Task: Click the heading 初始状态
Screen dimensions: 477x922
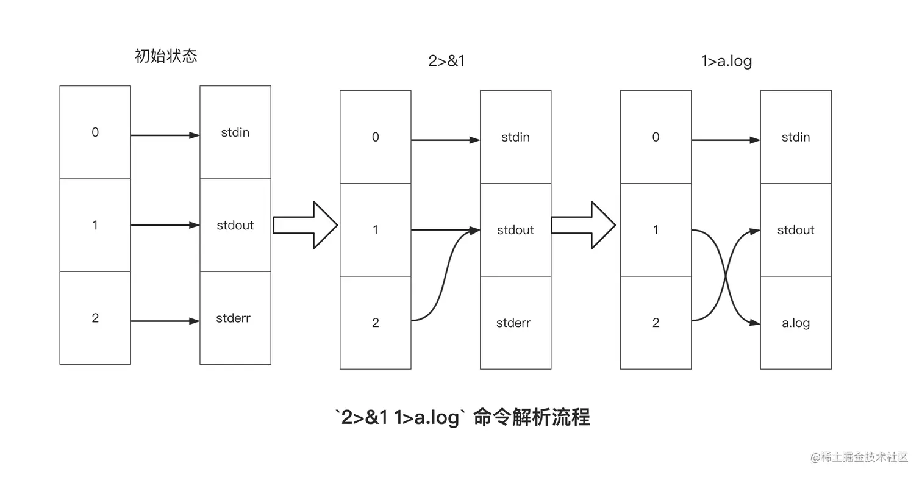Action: pos(166,57)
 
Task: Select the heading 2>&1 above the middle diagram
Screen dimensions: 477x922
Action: pos(446,61)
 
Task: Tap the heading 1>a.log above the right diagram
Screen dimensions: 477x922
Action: pos(726,61)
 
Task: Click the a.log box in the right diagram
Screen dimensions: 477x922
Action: pos(796,323)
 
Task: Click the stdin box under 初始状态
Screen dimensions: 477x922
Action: pos(235,132)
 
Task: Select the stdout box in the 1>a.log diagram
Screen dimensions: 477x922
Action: pos(796,230)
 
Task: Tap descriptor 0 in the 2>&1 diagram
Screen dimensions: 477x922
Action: pos(375,137)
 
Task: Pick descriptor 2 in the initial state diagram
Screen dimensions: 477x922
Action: pos(95,318)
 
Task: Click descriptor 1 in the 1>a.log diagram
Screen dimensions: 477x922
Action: pos(656,230)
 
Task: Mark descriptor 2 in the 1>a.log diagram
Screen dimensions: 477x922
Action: pos(656,323)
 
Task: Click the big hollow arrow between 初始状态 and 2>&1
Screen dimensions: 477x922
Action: pos(305,225)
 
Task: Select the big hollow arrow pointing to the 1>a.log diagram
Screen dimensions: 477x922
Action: pos(584,225)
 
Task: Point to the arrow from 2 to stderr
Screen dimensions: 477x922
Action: pos(165,321)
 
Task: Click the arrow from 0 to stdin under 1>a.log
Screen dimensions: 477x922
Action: pos(726,140)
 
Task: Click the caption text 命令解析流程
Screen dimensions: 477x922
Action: pos(531,418)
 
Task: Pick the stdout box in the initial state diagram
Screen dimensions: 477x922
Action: pos(235,225)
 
